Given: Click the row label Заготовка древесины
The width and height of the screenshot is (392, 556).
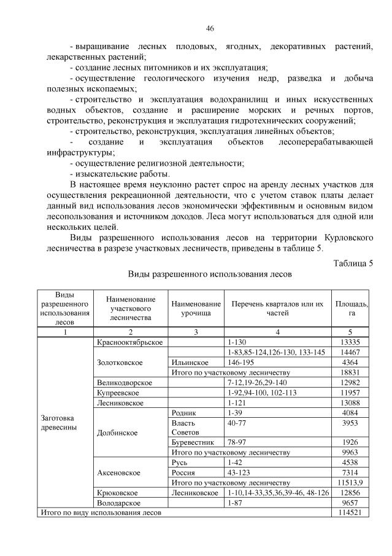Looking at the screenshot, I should click(x=56, y=423).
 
